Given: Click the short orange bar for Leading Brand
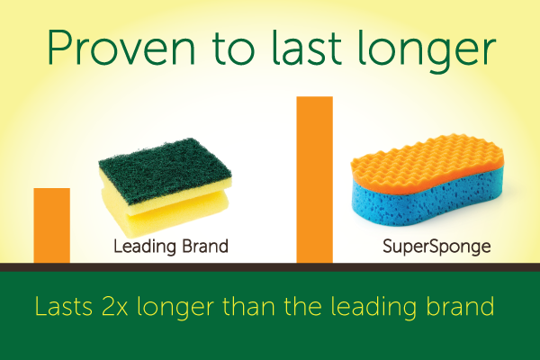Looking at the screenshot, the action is (51, 225).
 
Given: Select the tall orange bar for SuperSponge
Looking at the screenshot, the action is (314, 179).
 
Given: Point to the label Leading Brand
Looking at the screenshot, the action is (171, 247).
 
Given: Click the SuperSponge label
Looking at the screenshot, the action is (436, 247).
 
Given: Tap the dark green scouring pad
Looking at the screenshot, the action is (166, 169).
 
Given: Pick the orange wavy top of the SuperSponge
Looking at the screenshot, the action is (427, 162).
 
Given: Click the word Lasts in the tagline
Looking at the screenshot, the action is (64, 306).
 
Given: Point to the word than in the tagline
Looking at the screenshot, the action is (248, 306).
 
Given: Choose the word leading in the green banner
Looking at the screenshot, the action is (373, 309).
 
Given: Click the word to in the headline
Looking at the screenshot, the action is (233, 49).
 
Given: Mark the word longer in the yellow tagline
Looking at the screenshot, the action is (175, 309).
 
